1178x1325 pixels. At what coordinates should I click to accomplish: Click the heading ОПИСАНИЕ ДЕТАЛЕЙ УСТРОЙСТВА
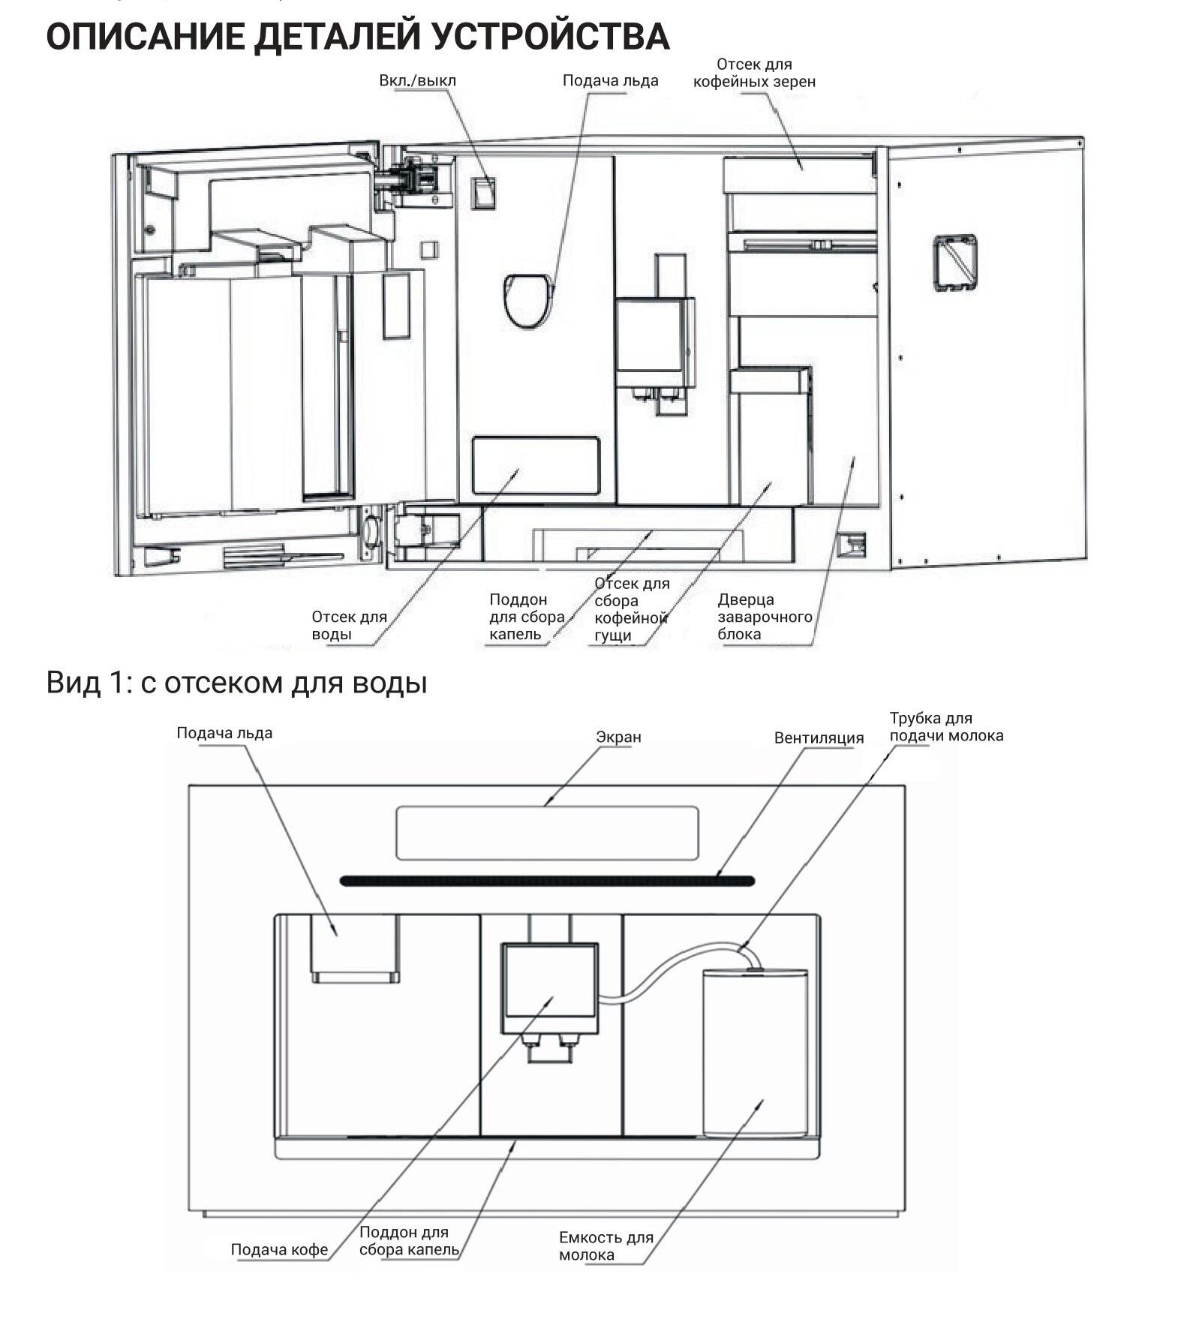(357, 36)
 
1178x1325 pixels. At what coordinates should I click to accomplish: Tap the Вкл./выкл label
(417, 80)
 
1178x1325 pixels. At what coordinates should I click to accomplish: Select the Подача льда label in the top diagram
(610, 80)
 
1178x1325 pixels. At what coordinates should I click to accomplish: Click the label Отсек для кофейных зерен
(754, 73)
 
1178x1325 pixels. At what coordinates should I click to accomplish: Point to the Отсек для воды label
(349, 625)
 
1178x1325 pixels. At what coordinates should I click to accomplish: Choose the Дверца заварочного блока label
(765, 617)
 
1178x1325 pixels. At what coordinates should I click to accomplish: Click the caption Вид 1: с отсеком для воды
(236, 682)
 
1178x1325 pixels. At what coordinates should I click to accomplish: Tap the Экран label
(618, 737)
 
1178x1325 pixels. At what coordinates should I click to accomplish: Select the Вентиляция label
(819, 738)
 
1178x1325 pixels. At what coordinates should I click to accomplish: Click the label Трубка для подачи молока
(946, 726)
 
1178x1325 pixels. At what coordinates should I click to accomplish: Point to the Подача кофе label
(279, 1249)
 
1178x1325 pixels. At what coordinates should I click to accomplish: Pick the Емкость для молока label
(606, 1245)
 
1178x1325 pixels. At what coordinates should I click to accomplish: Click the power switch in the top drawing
(482, 193)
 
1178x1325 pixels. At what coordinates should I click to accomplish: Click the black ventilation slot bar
(547, 881)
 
